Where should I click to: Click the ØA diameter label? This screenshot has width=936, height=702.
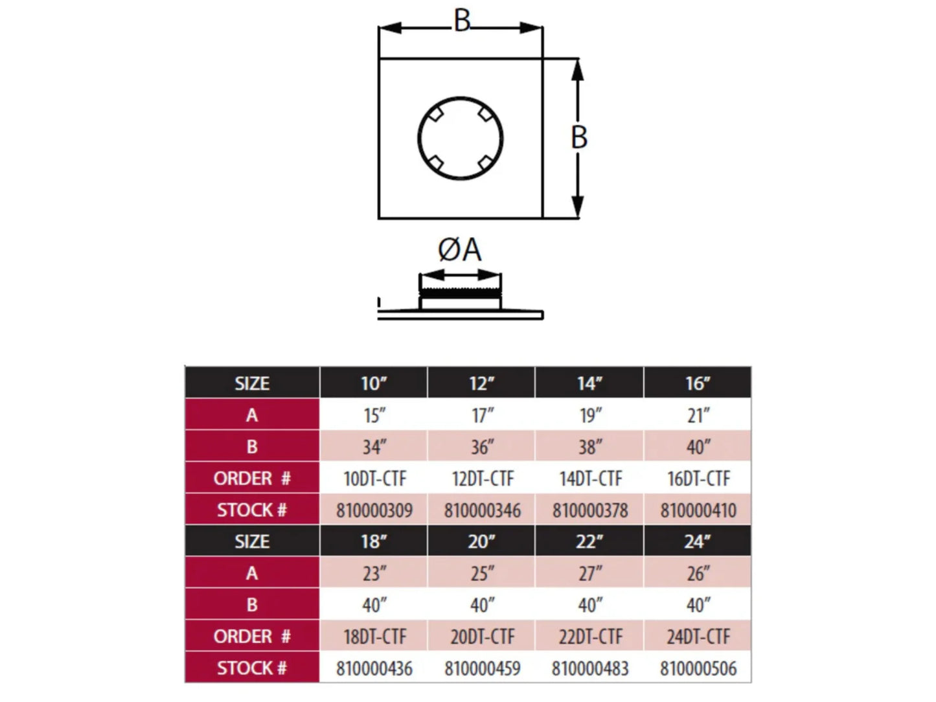coord(460,250)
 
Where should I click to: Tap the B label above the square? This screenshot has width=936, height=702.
coord(462,21)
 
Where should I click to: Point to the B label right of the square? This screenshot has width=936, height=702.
coord(578,137)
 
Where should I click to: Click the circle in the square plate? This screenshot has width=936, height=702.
coord(460,97)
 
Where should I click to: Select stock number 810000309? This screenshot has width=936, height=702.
coord(374,510)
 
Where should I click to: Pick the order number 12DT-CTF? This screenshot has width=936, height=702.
coord(483,479)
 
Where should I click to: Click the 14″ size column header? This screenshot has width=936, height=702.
coord(589,383)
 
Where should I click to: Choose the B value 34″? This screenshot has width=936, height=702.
coord(374,447)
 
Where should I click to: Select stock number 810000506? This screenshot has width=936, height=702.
coord(698,668)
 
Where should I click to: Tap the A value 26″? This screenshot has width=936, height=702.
coord(698,574)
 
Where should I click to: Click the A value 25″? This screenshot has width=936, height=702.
coord(483,574)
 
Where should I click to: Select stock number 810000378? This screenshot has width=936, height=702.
coord(590,510)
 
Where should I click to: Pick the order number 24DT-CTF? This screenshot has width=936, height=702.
coord(698,637)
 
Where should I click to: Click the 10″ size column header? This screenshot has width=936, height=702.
coord(374,383)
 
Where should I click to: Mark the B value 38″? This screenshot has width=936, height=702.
coord(590,447)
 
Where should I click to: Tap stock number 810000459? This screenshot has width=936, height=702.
coord(483,668)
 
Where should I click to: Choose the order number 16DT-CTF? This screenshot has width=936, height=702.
coord(698,479)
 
